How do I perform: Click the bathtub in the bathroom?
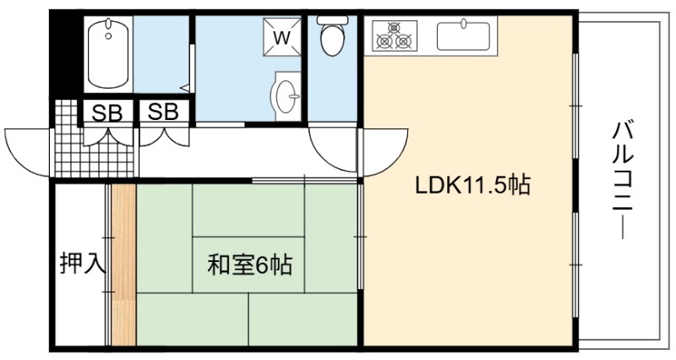click(x=108, y=54)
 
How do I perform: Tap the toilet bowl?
click(x=332, y=39)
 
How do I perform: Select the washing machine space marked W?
click(x=282, y=37)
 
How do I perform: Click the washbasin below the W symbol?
click(x=285, y=95)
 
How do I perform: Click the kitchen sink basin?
click(x=463, y=35)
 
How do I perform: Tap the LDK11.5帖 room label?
click(x=472, y=185)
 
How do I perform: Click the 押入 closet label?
click(x=82, y=263)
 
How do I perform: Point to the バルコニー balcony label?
click(x=622, y=180)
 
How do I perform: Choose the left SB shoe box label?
click(x=107, y=113)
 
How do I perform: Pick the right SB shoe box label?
click(x=163, y=112)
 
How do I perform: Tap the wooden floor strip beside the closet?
click(x=123, y=265)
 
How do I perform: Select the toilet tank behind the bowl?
click(x=332, y=19)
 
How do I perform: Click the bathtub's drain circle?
click(x=108, y=36)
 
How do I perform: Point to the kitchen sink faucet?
click(x=464, y=24)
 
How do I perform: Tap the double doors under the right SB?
click(x=164, y=134)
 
